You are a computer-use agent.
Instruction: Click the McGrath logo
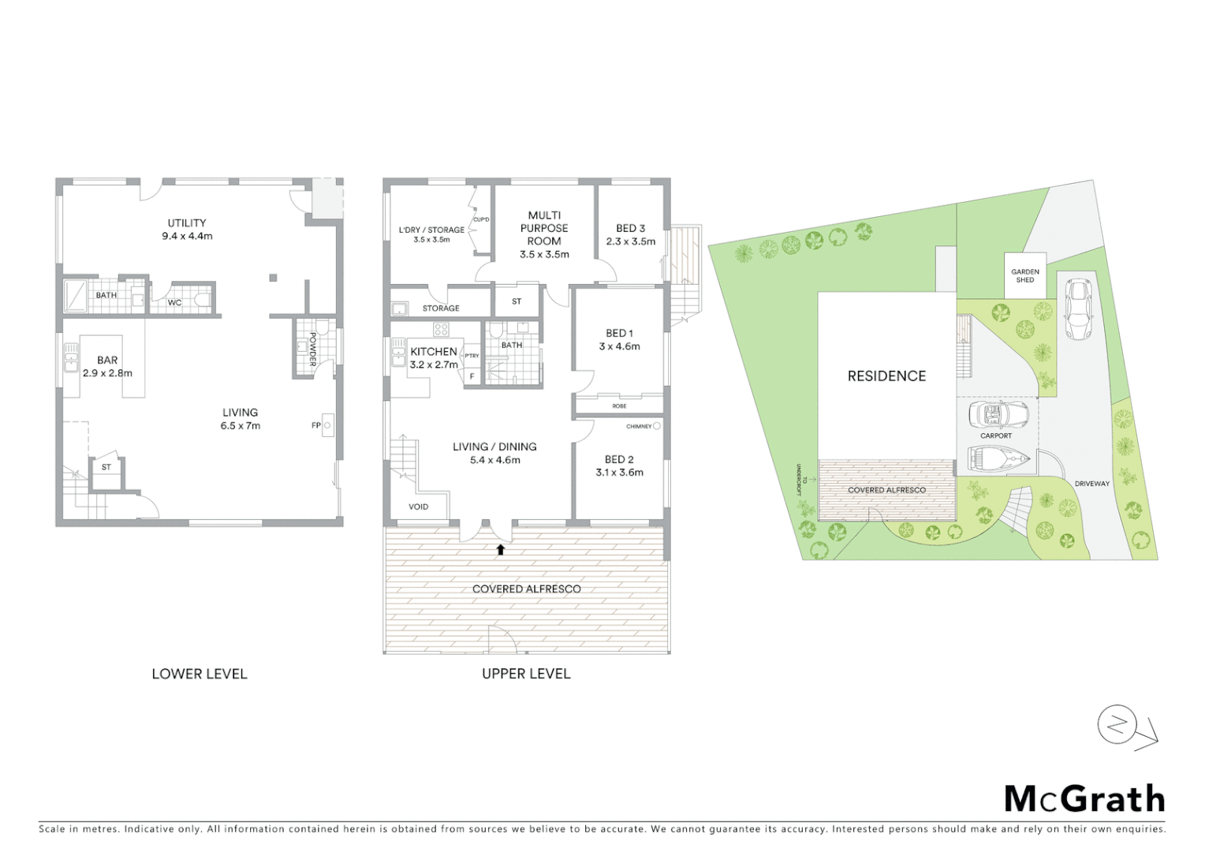tap(1084, 799)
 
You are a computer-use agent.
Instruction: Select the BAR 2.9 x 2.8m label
tap(107, 366)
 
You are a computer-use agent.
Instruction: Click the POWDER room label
tap(313, 349)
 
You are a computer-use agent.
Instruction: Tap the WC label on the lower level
tap(174, 302)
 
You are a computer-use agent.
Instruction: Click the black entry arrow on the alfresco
tap(500, 549)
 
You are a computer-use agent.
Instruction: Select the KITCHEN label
tap(434, 352)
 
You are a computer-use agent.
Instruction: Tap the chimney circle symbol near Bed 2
tap(657, 426)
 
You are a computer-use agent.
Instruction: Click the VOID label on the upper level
tap(419, 506)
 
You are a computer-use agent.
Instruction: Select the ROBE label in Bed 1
tap(619, 406)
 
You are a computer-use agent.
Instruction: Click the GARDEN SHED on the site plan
tap(1025, 275)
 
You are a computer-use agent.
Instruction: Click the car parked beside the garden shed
tap(1076, 309)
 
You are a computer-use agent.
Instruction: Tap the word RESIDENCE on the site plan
tap(886, 376)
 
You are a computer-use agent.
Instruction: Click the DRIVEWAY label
tap(1091, 484)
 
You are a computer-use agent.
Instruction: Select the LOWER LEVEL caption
tap(200, 674)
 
